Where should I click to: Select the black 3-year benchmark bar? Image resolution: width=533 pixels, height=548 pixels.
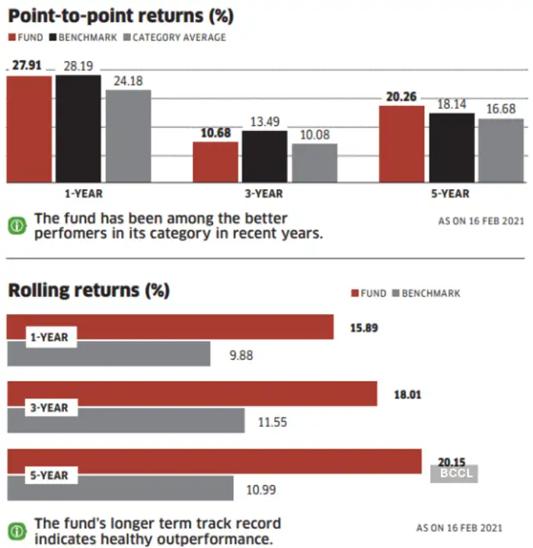coord(264,156)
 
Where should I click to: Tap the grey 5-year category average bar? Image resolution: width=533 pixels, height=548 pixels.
coord(500,150)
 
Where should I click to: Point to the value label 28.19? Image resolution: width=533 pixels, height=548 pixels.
coord(78,66)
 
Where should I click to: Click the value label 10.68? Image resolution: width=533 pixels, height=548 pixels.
coord(215,133)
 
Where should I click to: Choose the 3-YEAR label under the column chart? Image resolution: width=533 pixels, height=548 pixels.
coord(264,194)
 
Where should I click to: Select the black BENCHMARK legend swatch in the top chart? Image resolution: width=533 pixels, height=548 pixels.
coord(53,37)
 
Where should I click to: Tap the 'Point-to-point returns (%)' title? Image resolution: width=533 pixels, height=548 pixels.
coord(120,14)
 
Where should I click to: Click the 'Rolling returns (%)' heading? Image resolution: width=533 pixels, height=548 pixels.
coord(88,290)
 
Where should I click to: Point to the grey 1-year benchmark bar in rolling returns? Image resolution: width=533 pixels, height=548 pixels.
coord(109,354)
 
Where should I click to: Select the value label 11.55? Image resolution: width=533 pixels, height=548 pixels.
coord(272,421)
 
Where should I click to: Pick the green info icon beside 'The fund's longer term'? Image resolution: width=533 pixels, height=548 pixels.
coord(16,530)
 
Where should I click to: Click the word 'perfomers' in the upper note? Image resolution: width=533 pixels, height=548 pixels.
coord(68,234)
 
